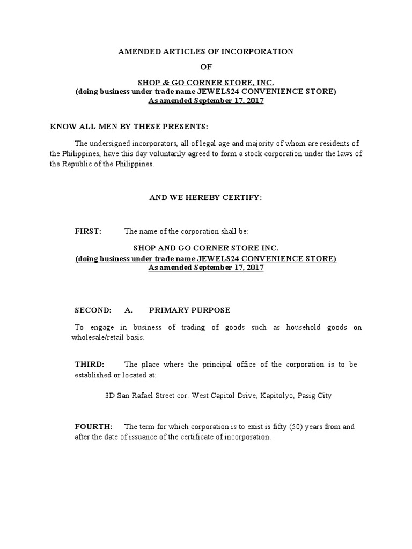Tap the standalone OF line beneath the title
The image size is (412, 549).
point(206,67)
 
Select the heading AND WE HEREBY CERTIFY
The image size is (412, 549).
point(205,198)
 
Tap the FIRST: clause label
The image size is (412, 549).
point(87,232)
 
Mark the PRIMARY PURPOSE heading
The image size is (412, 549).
point(189,310)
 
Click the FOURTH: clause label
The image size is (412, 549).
point(93,426)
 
